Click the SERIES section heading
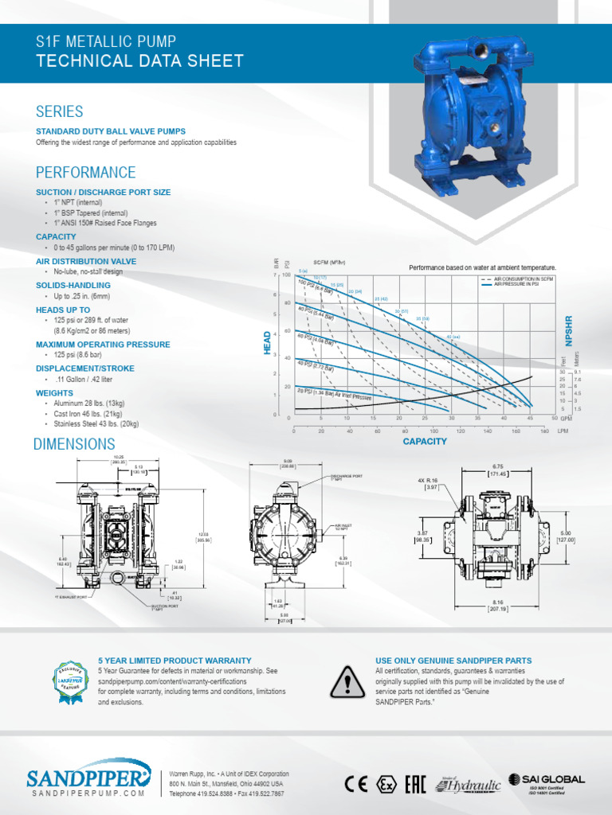click(x=60, y=111)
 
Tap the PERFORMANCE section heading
click(x=86, y=173)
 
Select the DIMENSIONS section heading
click(x=74, y=444)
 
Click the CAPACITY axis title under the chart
click(x=425, y=441)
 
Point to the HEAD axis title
click(x=268, y=343)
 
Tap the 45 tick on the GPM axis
click(x=529, y=418)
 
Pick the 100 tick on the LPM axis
click(x=433, y=431)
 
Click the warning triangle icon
click(x=347, y=680)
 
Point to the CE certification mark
click(x=356, y=784)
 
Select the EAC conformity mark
click(x=415, y=784)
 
